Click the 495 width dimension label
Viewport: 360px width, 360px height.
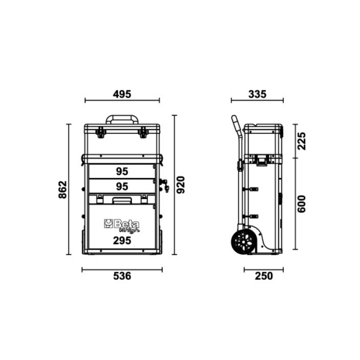click(122, 94)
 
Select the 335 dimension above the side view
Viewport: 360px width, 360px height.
click(256, 94)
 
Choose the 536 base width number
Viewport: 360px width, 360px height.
click(122, 276)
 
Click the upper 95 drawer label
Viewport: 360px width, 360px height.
click(122, 172)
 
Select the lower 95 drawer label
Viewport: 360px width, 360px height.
click(122, 187)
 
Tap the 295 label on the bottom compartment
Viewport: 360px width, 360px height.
click(122, 240)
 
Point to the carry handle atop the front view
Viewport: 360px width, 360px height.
click(122, 119)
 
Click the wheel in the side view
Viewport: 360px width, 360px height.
click(244, 242)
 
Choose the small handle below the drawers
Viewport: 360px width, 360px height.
click(122, 199)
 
